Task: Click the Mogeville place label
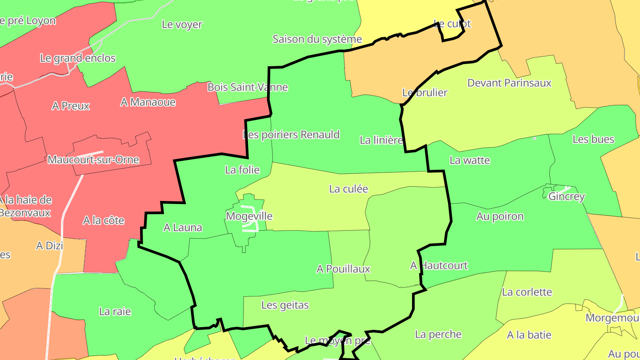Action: pos(249,216)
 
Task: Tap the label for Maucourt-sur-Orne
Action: pos(93,160)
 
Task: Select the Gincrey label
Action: pos(567,196)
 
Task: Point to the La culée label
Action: pos(348,189)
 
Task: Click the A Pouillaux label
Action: pos(343,269)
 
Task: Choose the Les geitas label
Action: pos(285,305)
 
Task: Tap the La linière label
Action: pos(381,140)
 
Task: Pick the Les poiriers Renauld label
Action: pos(291,135)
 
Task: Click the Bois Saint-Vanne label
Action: pos(248,88)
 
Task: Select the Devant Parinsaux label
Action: pos(509,83)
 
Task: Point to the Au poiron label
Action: pos(500,216)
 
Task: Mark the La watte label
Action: pos(470,160)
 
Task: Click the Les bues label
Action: pos(593,140)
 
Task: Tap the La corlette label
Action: pos(527,292)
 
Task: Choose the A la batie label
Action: pos(529,335)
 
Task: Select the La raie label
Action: pos(115,312)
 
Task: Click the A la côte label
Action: pos(104,220)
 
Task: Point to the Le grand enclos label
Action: pos(78,58)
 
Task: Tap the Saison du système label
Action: pos(317,39)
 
